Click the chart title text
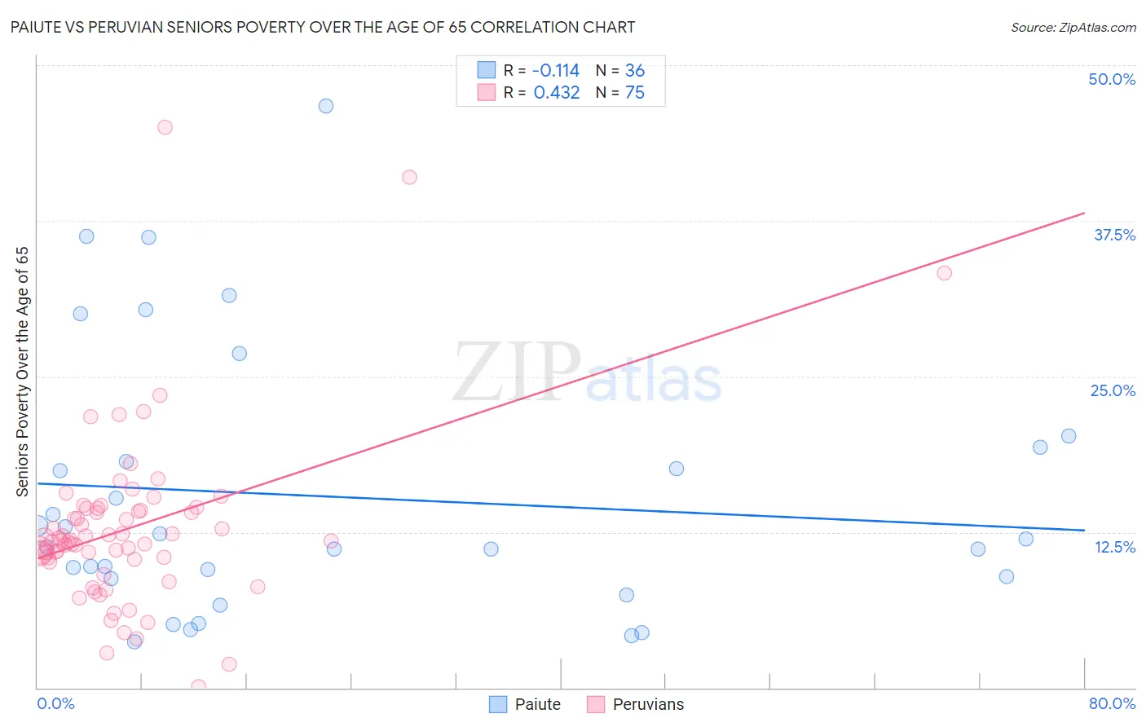[x=323, y=27]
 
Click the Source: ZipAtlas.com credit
[x=1073, y=27]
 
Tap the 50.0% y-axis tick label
[x=1112, y=79]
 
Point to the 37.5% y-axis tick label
[x=1114, y=235]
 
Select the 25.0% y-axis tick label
[x=1113, y=390]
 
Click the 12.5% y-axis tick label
[x=1114, y=547]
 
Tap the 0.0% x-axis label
[x=55, y=703]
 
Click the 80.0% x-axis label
[x=1112, y=703]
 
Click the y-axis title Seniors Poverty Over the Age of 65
[x=23, y=371]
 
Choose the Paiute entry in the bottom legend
[x=526, y=704]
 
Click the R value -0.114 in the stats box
[x=556, y=71]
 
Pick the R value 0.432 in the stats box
[x=557, y=93]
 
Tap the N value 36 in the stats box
[x=635, y=71]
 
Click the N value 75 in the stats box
[x=635, y=93]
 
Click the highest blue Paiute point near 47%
[x=326, y=106]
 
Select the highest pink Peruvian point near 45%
[x=165, y=127]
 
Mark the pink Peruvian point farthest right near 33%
[x=945, y=273]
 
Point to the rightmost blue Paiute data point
[x=1069, y=436]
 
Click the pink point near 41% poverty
[x=410, y=178]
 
